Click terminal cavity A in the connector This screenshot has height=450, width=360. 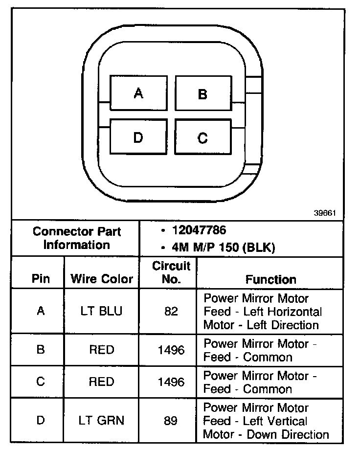138,93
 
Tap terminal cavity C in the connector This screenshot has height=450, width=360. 202,138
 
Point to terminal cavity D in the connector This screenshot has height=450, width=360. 138,137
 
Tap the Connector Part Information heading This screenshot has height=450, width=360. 77,238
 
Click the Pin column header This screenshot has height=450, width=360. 41,279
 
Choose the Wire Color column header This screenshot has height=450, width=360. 102,279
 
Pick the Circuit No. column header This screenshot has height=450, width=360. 171,273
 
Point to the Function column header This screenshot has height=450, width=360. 270,279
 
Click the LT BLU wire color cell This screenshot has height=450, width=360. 101,311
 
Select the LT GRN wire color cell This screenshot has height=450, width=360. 102,420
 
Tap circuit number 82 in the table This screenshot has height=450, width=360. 171,311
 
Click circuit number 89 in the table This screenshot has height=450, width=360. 171,420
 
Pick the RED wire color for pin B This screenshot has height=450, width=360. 101,350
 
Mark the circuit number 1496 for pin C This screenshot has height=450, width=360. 171,382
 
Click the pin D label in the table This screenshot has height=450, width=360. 41,420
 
